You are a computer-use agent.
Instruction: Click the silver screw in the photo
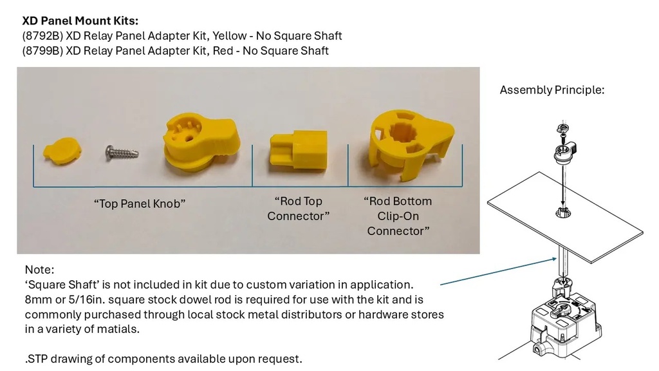click(x=122, y=152)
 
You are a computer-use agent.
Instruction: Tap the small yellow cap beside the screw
click(x=62, y=151)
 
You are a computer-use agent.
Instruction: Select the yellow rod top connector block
click(x=299, y=151)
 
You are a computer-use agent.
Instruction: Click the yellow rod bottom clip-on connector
click(x=411, y=145)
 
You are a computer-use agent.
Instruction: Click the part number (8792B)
click(x=42, y=36)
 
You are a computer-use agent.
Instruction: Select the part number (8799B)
click(x=42, y=51)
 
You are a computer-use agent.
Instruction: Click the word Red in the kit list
click(x=223, y=51)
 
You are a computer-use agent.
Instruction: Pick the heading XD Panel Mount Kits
click(x=80, y=21)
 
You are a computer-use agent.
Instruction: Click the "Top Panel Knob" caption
click(x=140, y=204)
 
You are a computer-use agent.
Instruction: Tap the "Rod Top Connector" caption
click(x=299, y=209)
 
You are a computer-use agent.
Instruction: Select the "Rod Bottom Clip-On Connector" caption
click(x=398, y=216)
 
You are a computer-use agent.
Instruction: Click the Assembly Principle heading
click(x=552, y=90)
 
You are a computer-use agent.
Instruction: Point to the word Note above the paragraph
click(x=39, y=270)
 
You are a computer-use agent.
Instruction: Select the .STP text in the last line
click(x=37, y=359)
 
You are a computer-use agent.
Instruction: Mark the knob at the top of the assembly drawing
click(x=564, y=153)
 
